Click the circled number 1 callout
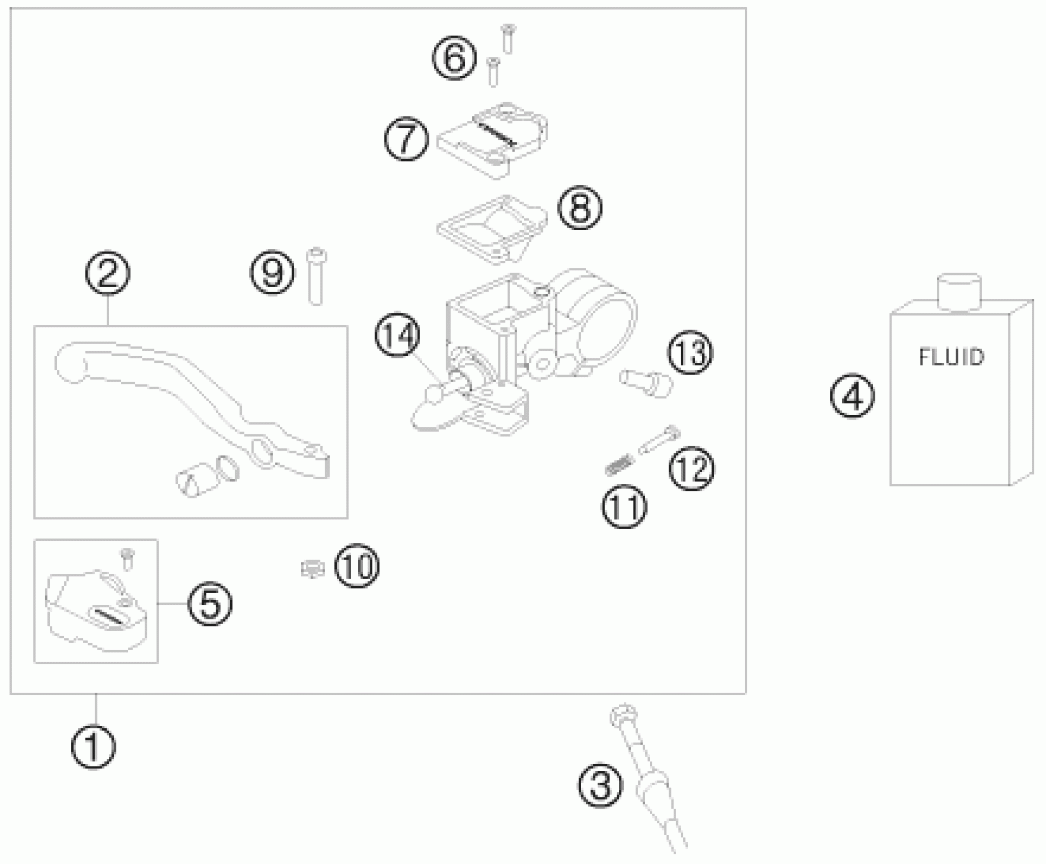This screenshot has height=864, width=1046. pyautogui.click(x=93, y=747)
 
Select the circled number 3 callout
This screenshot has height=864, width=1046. pyautogui.click(x=600, y=785)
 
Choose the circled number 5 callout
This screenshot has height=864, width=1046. pyautogui.click(x=210, y=604)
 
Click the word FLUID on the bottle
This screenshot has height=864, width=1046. pyautogui.click(x=951, y=357)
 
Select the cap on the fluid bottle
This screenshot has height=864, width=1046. pyautogui.click(x=959, y=291)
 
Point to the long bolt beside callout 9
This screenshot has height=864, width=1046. pyautogui.click(x=316, y=277)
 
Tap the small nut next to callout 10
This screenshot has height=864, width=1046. pyautogui.click(x=312, y=569)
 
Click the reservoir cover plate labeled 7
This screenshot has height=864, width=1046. pyautogui.click(x=492, y=139)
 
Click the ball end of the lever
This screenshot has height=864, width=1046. pyautogui.click(x=70, y=362)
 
